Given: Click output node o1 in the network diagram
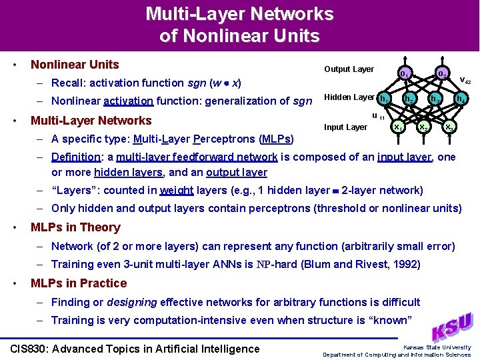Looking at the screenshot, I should (403, 73).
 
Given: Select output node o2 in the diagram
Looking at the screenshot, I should (441, 73).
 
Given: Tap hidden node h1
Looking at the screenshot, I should (384, 99).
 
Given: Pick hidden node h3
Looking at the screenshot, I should (435, 99).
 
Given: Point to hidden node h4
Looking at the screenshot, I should (460, 99).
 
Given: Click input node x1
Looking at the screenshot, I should (397, 126).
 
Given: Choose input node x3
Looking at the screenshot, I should (449, 126).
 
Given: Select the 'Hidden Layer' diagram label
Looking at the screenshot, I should (349, 97).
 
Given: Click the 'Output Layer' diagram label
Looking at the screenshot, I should (349, 69).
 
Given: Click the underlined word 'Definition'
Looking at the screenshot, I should (76, 157).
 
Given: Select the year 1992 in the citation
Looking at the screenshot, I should (405, 265).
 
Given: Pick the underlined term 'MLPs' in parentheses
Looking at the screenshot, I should (276, 139).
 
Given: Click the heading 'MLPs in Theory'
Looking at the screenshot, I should (75, 227).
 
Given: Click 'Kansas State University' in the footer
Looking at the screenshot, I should (437, 347).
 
